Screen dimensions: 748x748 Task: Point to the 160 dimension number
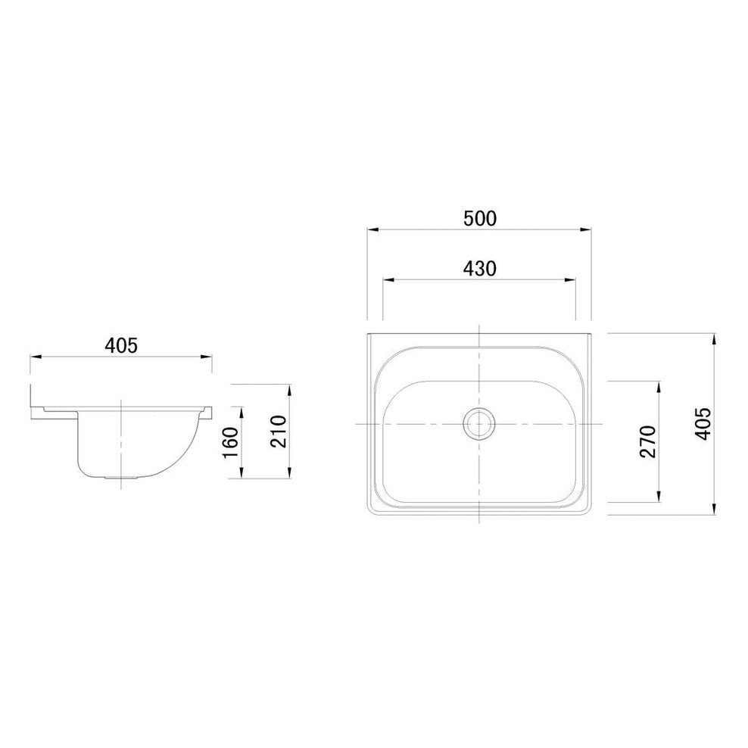point(231,442)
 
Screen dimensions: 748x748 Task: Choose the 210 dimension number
point(279,432)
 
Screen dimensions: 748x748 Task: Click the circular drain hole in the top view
point(479,423)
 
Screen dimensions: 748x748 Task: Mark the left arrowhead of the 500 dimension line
point(372,228)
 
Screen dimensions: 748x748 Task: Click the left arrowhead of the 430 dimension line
point(387,279)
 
